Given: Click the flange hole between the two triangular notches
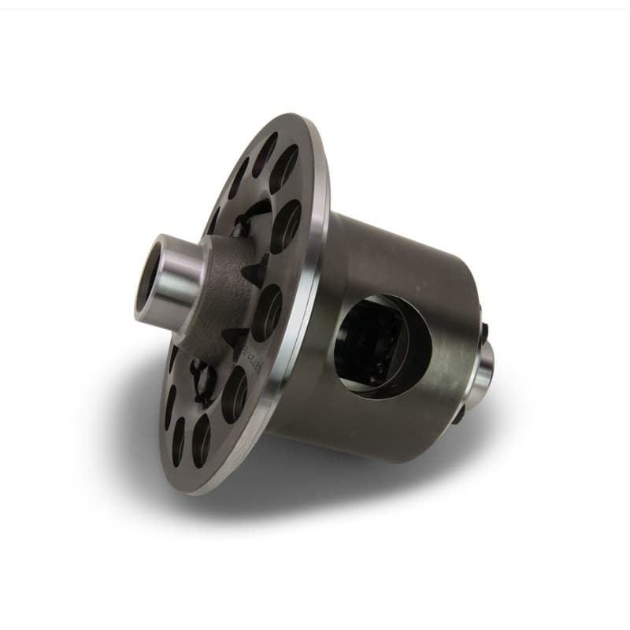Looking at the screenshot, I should pos(267,311).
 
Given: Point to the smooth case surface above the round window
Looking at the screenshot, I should pos(394,260).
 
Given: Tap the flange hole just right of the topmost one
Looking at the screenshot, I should pos(285,169).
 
